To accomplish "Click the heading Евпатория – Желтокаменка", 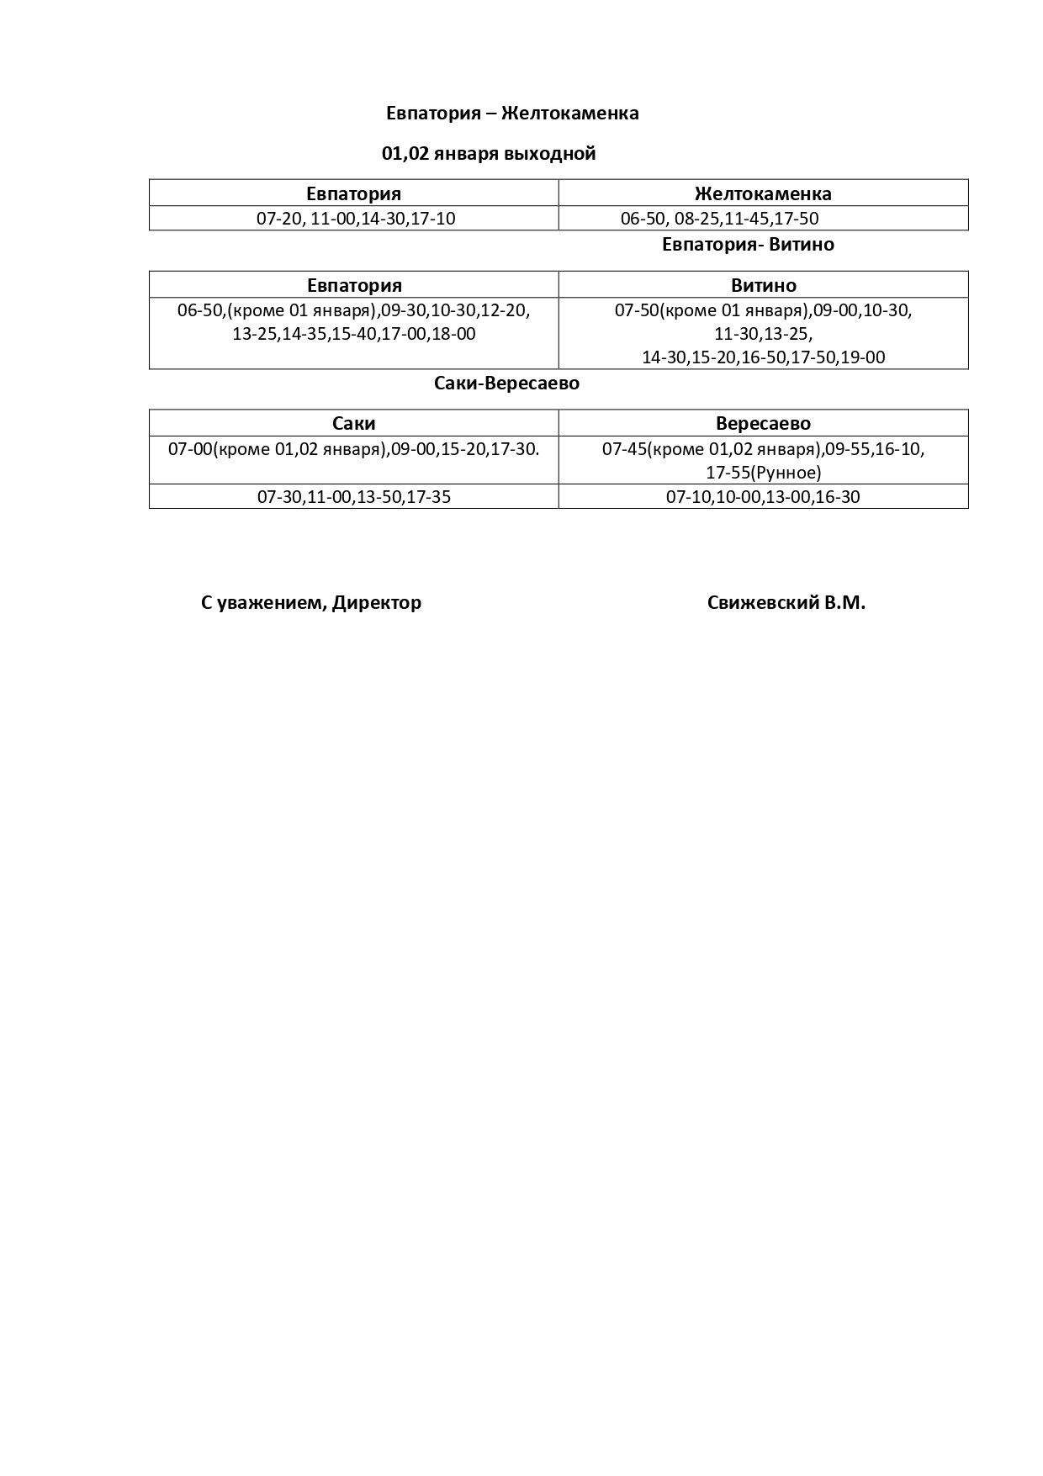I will pyautogui.click(x=512, y=114).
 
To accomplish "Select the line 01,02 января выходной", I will pyautogui.click(x=489, y=154).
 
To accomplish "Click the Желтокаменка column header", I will pyautogui.click(x=763, y=193).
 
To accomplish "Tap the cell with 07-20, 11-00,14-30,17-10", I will pyautogui.click(x=356, y=219).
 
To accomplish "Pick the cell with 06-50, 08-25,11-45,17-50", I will pyautogui.click(x=719, y=219).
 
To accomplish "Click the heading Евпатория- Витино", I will pyautogui.click(x=748, y=245).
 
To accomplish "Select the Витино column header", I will pyautogui.click(x=763, y=285).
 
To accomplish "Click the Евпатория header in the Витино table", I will pyautogui.click(x=354, y=285).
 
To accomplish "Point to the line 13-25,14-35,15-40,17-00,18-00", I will pyautogui.click(x=353, y=334).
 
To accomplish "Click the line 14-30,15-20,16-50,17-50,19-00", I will pyautogui.click(x=763, y=357).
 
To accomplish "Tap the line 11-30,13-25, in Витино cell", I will pyautogui.click(x=763, y=334).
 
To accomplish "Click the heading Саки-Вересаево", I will pyautogui.click(x=506, y=384).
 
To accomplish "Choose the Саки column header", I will pyautogui.click(x=353, y=423).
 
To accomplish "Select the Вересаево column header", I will pyautogui.click(x=763, y=423).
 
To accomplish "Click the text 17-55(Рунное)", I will pyautogui.click(x=763, y=473).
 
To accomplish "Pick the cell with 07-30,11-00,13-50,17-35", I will pyautogui.click(x=353, y=497).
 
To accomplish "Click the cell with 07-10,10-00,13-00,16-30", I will pyautogui.click(x=763, y=497).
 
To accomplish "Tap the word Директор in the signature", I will pyautogui.click(x=377, y=603).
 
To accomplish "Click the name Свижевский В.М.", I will pyautogui.click(x=786, y=603).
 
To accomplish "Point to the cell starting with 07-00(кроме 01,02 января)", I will pyautogui.click(x=353, y=449).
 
